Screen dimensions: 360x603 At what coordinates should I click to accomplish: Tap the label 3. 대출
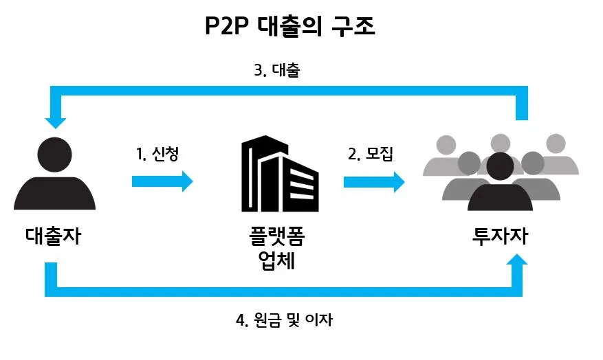[x=276, y=70]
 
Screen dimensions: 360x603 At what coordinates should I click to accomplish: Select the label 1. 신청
[x=157, y=154]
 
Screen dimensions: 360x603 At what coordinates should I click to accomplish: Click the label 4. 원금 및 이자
[x=285, y=320]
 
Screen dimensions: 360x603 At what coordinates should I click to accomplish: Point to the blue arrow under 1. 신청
[x=162, y=181]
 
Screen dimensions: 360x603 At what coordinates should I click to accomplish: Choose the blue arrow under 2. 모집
[x=374, y=181]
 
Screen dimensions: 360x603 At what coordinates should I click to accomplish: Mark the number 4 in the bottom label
[x=240, y=320]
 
